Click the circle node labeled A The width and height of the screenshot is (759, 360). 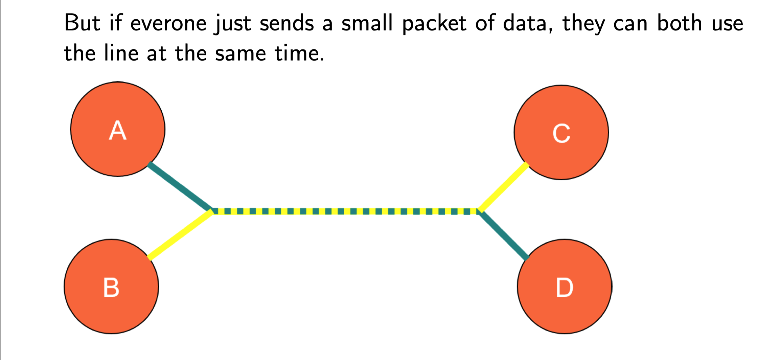point(118,129)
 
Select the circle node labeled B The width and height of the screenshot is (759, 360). point(111,287)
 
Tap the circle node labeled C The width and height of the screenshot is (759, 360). point(561,132)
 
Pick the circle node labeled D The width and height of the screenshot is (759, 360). point(565,287)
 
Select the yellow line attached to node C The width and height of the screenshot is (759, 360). point(503,187)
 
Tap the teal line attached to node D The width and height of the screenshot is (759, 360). point(503,235)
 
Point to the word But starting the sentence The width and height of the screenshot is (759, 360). point(82,23)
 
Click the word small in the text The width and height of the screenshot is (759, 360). point(367,23)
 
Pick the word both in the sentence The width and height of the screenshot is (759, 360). point(680,23)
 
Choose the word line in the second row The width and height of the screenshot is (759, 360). point(121,53)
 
